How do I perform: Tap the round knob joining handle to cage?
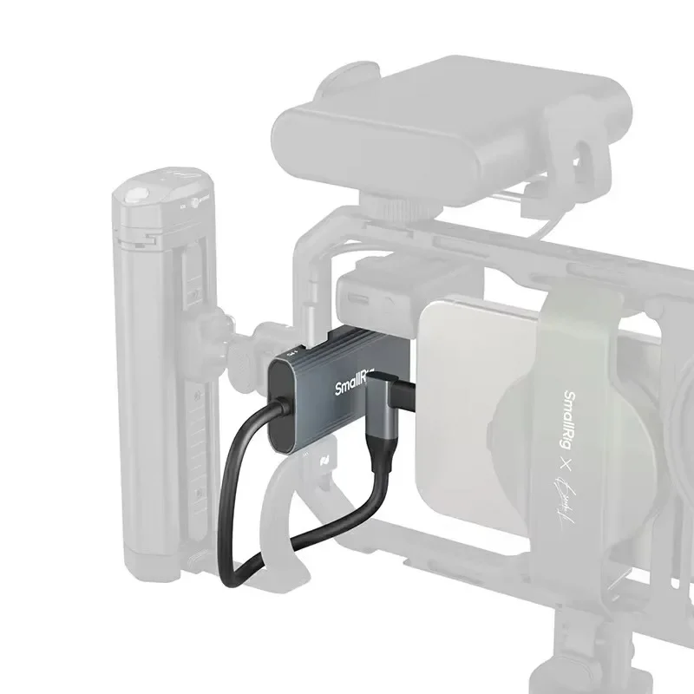click(x=259, y=333)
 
